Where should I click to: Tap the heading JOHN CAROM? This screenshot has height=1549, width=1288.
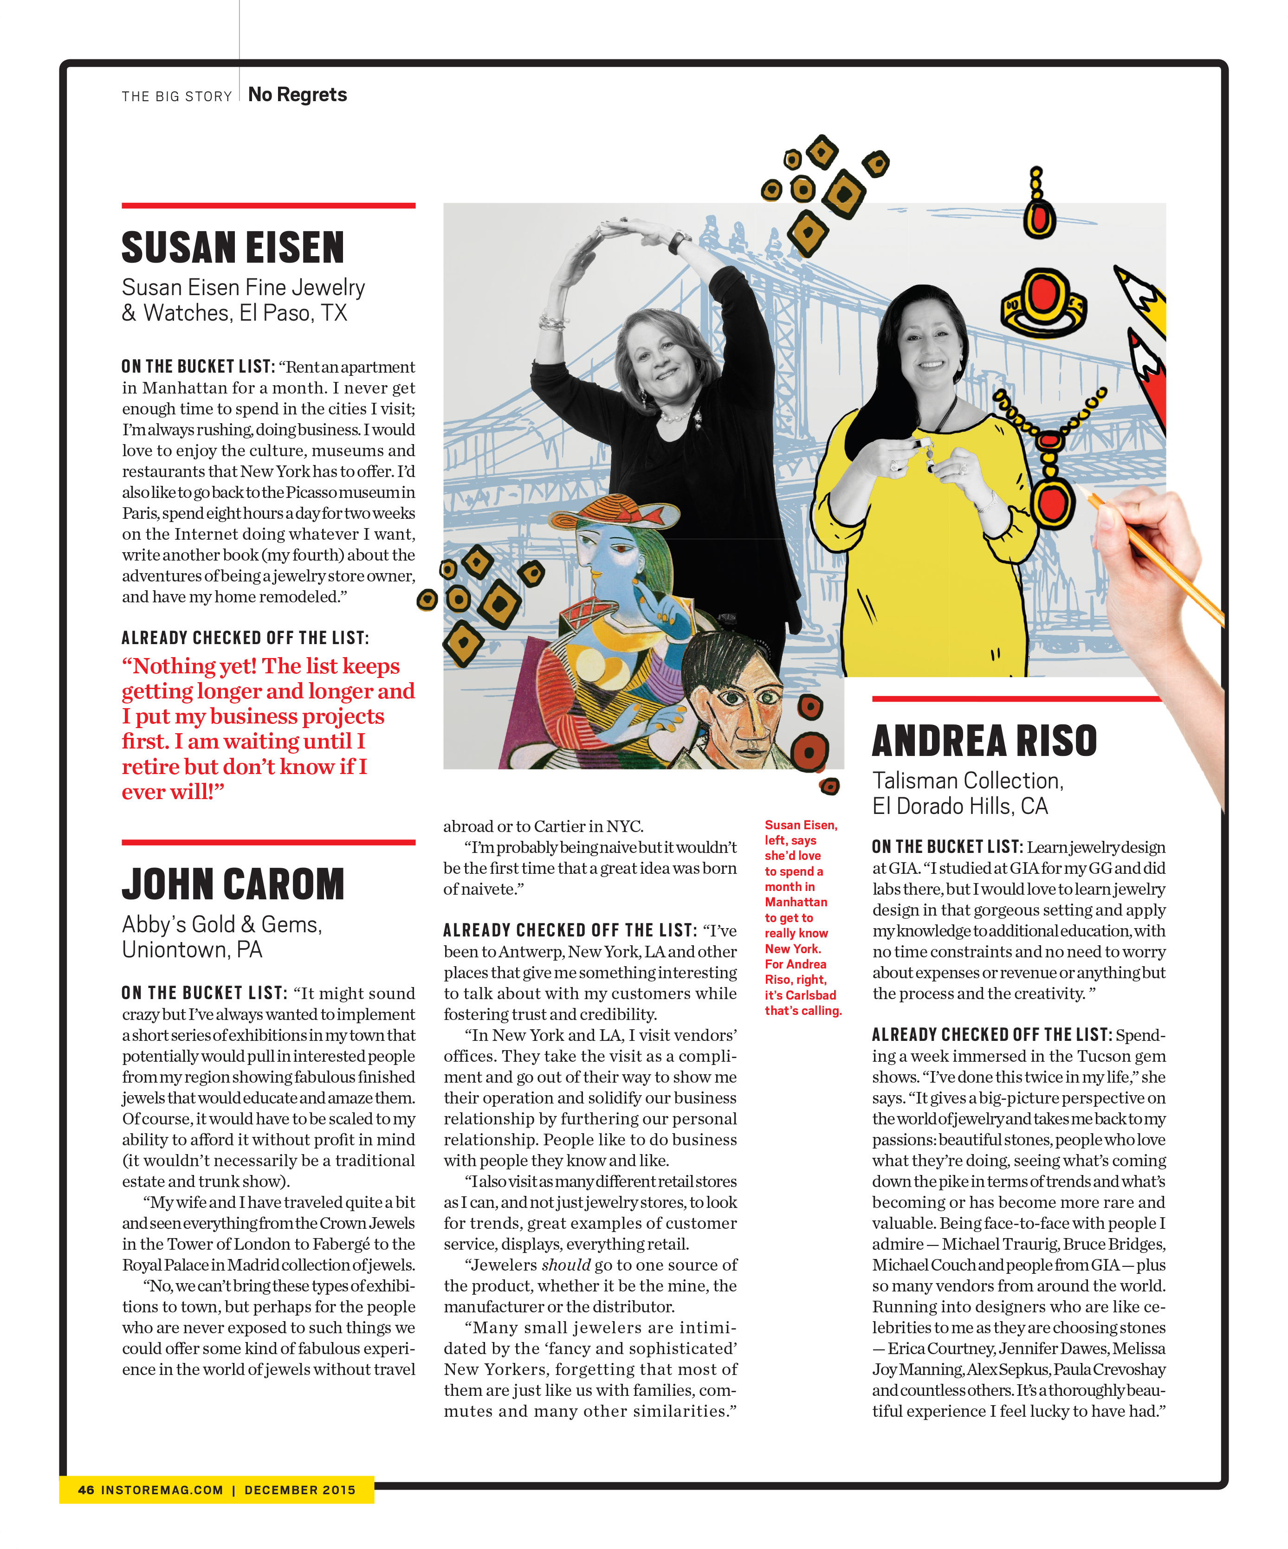[x=233, y=884]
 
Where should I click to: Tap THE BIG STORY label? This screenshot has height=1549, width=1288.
[x=176, y=97]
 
